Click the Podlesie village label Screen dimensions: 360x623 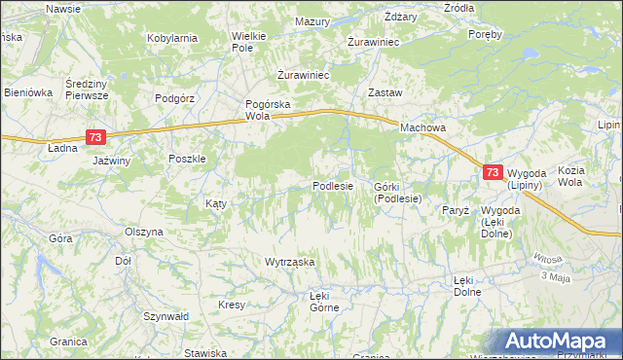click(332, 186)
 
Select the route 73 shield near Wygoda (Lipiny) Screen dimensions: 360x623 click(493, 172)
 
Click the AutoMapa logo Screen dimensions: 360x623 click(557, 342)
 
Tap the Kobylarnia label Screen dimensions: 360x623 click(172, 38)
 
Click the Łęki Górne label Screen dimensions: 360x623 click(324, 302)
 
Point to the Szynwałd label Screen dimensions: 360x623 click(165, 317)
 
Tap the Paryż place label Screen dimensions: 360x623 click(455, 210)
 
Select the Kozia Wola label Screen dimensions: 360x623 click(570, 176)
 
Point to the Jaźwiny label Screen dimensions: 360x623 click(111, 161)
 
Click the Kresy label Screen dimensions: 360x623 click(232, 306)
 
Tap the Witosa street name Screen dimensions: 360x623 click(547, 259)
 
